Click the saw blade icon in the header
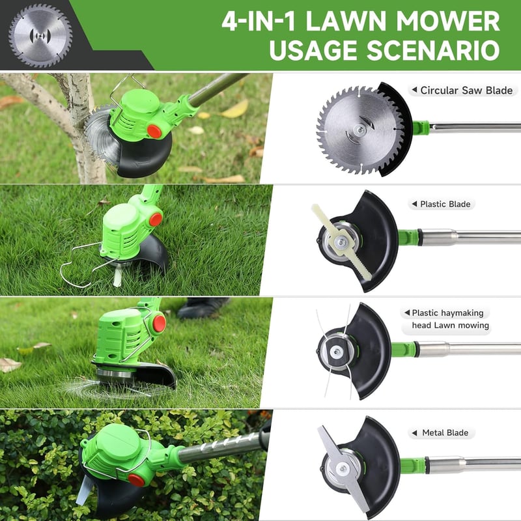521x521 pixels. pyautogui.click(x=40, y=36)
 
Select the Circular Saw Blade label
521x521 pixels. pyautogui.click(x=466, y=91)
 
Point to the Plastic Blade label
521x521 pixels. pyautogui.click(x=445, y=204)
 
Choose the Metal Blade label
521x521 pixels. pyautogui.click(x=445, y=432)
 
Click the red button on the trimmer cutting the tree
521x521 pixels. pyautogui.click(x=154, y=132)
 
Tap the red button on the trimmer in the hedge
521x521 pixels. pyautogui.click(x=136, y=480)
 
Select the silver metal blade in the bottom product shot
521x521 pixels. pyautogui.click(x=343, y=468)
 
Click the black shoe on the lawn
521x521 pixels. pyautogui.click(x=203, y=308)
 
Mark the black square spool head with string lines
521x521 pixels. pyautogui.click(x=337, y=351)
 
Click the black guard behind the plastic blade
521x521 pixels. pyautogui.click(x=372, y=241)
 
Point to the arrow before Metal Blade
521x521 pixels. pyautogui.click(x=414, y=432)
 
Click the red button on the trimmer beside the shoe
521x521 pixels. pyautogui.click(x=159, y=323)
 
